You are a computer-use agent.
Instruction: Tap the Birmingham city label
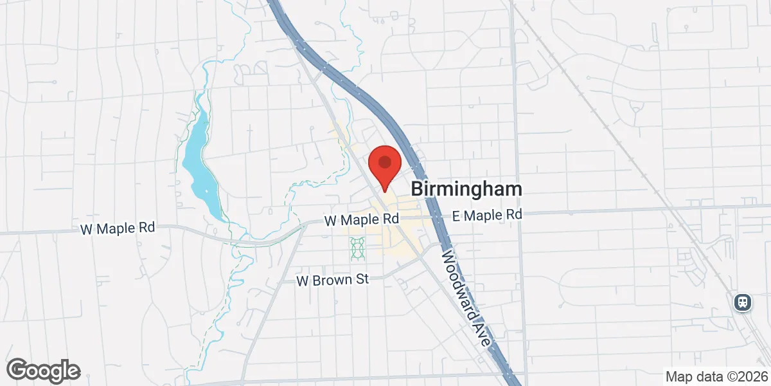click(466, 189)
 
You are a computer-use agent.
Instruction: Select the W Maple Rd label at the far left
click(118, 228)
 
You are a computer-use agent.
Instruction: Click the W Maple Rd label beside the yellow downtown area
click(362, 219)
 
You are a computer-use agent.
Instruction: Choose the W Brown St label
click(333, 280)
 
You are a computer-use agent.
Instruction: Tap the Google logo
click(44, 371)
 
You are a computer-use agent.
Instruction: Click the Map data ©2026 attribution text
click(716, 376)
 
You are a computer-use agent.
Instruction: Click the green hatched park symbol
click(357, 248)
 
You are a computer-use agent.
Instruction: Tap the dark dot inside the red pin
click(384, 161)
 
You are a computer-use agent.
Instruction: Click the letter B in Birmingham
click(417, 189)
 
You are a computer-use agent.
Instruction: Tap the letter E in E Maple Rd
click(457, 215)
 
